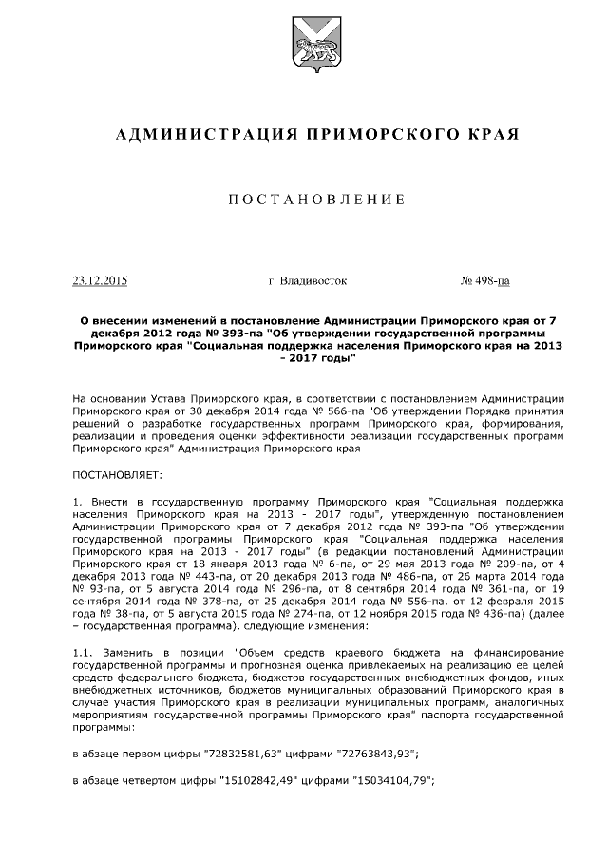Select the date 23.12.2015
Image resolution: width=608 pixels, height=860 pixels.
tap(100, 281)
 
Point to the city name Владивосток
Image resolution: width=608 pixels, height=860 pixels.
tap(308, 281)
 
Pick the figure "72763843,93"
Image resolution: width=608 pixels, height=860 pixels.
tap(377, 754)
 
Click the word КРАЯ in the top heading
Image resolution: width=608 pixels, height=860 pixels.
tap(494, 135)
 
